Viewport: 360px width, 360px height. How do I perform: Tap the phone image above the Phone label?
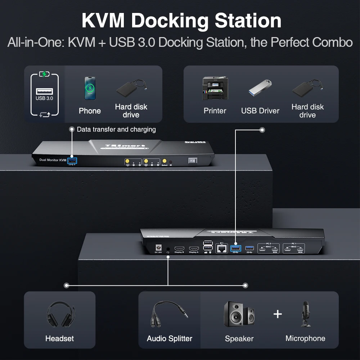90,88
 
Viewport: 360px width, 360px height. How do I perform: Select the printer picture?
215,89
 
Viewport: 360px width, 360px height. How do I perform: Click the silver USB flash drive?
260,89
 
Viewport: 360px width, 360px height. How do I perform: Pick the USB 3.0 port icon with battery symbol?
44,95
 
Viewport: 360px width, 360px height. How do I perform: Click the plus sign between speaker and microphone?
278,314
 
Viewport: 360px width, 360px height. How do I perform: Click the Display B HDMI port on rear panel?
179,249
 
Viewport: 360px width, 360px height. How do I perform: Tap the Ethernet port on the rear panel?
221,248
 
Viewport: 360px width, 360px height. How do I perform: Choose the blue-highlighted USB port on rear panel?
235,248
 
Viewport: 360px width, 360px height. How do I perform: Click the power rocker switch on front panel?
193,161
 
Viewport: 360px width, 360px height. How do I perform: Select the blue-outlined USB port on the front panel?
72,161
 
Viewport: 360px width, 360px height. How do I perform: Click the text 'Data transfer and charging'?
116,129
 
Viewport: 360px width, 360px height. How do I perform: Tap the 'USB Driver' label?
260,111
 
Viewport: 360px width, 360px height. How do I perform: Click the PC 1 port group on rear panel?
293,248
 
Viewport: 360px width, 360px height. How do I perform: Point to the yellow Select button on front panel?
165,161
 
